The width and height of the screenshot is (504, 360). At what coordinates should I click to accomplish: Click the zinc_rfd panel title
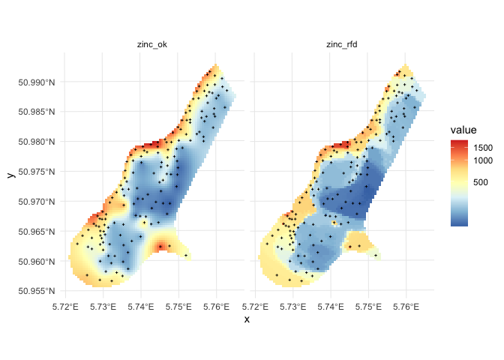click(x=343, y=44)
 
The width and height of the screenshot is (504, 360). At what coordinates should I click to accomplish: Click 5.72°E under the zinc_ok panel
click(x=65, y=306)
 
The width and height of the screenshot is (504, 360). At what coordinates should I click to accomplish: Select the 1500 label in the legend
click(x=482, y=148)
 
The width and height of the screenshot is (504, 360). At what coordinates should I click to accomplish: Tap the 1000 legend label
click(x=482, y=160)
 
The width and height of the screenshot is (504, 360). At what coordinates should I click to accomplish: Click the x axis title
click(x=247, y=319)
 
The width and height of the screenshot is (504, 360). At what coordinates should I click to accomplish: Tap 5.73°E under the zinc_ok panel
click(x=103, y=306)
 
